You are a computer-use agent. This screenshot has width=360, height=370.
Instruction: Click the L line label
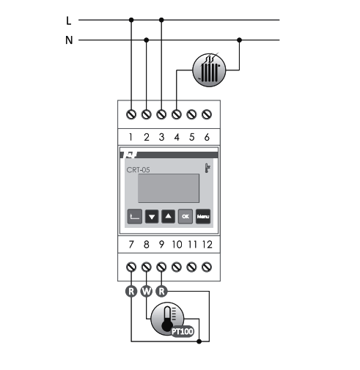(x=69, y=21)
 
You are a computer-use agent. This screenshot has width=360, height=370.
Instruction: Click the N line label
(x=69, y=40)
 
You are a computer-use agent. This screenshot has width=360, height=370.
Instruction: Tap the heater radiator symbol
(x=209, y=70)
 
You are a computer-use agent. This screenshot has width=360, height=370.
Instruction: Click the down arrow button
(x=152, y=216)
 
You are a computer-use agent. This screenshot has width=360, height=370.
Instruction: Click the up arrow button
(x=169, y=216)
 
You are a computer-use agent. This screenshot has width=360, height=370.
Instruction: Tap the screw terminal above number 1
(x=131, y=114)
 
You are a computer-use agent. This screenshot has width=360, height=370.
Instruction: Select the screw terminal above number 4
(x=177, y=114)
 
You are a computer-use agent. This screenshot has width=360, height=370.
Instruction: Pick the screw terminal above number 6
(x=207, y=114)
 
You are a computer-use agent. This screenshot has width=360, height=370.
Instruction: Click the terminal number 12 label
(x=207, y=245)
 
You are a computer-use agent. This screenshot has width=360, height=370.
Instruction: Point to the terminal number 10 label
(x=177, y=245)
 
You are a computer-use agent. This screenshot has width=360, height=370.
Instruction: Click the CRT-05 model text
(x=138, y=170)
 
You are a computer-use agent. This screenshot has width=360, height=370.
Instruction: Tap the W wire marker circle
(x=147, y=291)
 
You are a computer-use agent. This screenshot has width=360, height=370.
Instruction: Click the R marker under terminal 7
(x=131, y=291)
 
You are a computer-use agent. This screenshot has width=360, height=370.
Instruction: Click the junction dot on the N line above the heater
(x=239, y=40)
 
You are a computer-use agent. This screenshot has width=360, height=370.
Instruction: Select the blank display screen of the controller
(x=169, y=188)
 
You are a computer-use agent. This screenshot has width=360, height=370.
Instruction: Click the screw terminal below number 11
(x=191, y=267)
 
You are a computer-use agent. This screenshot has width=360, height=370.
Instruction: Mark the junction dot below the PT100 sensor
(x=199, y=341)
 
